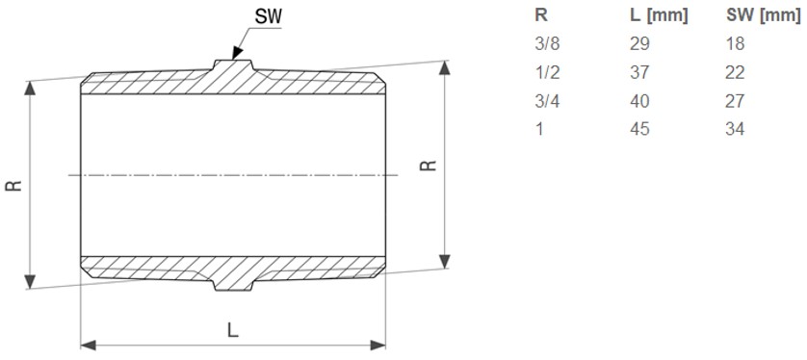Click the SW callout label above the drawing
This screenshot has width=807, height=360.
coord(268,16)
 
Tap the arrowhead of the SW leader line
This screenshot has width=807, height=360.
coord(237,53)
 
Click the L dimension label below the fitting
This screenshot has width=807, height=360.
coord(233,329)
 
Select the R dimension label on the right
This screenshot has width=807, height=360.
coord(429,166)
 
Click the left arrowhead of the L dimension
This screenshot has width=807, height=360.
coord(89,345)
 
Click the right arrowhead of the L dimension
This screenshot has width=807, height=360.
coord(377,345)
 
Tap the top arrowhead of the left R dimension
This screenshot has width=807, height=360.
coord(30,89)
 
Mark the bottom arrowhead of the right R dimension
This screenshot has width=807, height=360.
coord(446,261)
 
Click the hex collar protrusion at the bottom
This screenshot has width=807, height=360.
coord(233,285)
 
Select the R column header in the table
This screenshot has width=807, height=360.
coord(541,15)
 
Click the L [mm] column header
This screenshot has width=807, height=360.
coord(659,15)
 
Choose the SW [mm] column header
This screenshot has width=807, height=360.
coord(763,15)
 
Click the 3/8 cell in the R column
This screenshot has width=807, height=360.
coord(547,43)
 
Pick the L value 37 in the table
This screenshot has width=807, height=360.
coord(639,72)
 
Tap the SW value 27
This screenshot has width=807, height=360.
coord(735,101)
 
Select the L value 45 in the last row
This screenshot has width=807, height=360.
coord(639,129)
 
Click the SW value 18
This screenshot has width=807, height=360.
coord(735,43)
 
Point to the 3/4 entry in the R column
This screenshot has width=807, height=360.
coord(547,101)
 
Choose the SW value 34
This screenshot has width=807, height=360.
coord(735,129)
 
